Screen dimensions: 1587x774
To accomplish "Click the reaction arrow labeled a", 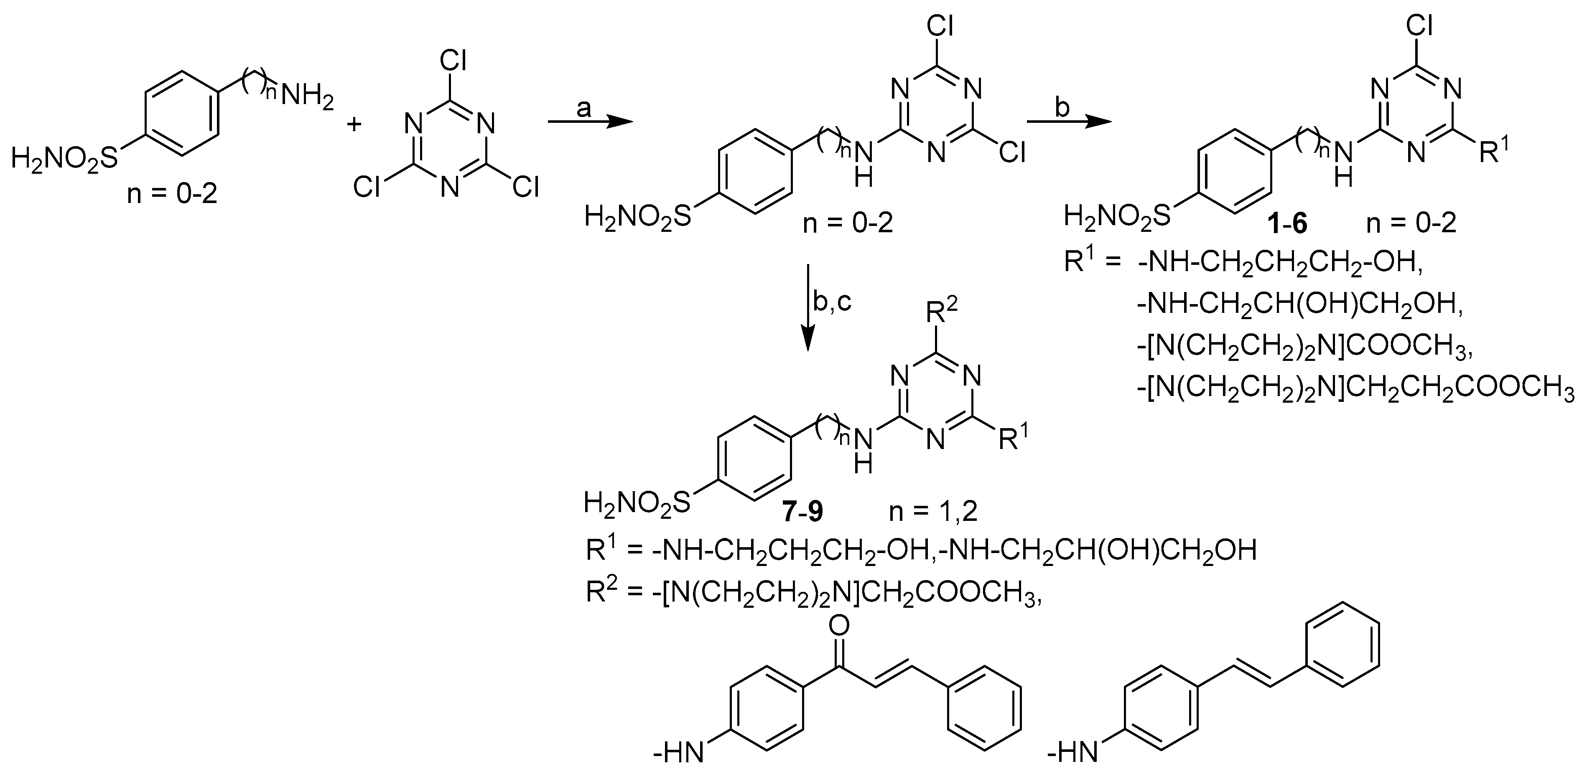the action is (x=590, y=122).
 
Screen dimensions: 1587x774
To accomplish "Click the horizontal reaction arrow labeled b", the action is (x=1067, y=122).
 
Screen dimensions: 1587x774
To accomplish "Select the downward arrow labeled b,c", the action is (x=809, y=308).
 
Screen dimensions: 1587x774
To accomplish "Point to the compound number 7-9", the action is (x=803, y=512).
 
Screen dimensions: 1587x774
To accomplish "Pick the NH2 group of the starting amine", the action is (x=306, y=97).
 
